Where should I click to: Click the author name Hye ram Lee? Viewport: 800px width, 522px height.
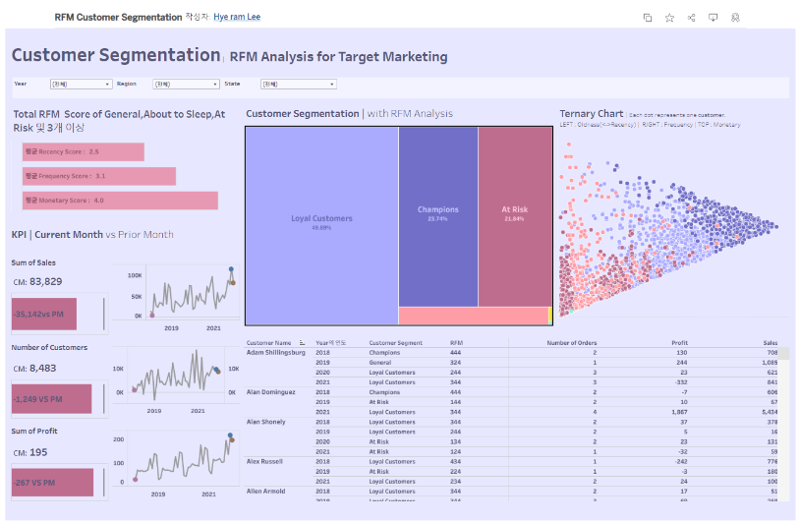(237, 18)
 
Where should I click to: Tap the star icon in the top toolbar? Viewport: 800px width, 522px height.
(669, 18)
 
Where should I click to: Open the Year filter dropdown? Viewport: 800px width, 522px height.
(80, 85)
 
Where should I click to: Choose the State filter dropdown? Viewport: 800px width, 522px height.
(298, 85)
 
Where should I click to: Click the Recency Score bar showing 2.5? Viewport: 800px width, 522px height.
(83, 151)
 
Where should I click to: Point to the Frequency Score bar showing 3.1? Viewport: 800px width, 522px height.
(98, 176)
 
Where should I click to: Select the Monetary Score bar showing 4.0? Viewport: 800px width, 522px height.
(119, 201)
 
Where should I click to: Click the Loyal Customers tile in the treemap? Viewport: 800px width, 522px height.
(321, 221)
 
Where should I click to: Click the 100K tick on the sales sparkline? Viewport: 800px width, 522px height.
(135, 276)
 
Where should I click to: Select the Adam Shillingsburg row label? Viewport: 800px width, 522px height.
(276, 352)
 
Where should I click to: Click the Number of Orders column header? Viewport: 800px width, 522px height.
(572, 342)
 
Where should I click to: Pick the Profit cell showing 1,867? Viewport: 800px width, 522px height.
(676, 412)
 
